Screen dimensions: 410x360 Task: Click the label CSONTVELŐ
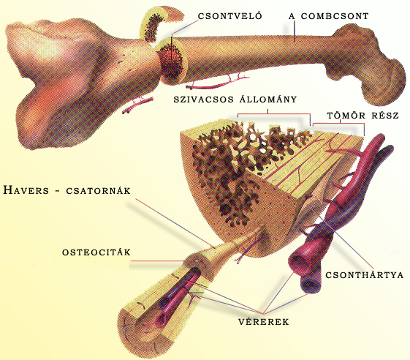229,16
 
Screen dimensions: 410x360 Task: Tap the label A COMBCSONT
329,16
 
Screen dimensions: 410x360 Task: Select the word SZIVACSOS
204,100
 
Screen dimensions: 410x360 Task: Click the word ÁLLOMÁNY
268,99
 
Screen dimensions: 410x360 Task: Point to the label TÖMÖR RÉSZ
363,116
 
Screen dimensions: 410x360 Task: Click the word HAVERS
26,190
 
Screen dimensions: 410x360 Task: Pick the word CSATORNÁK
98,190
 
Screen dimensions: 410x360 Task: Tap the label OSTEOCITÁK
96,252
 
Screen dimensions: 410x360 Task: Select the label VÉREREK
264,321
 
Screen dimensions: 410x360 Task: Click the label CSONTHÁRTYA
364,275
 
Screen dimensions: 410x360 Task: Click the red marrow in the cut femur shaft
171,61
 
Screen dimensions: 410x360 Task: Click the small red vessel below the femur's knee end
137,105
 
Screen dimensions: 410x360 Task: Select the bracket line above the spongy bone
274,114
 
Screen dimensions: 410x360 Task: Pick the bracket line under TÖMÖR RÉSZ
339,123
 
